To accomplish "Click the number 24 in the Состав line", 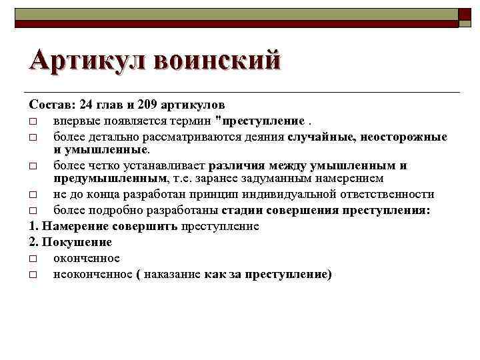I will point(87,105).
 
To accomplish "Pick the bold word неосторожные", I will point(405,137).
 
